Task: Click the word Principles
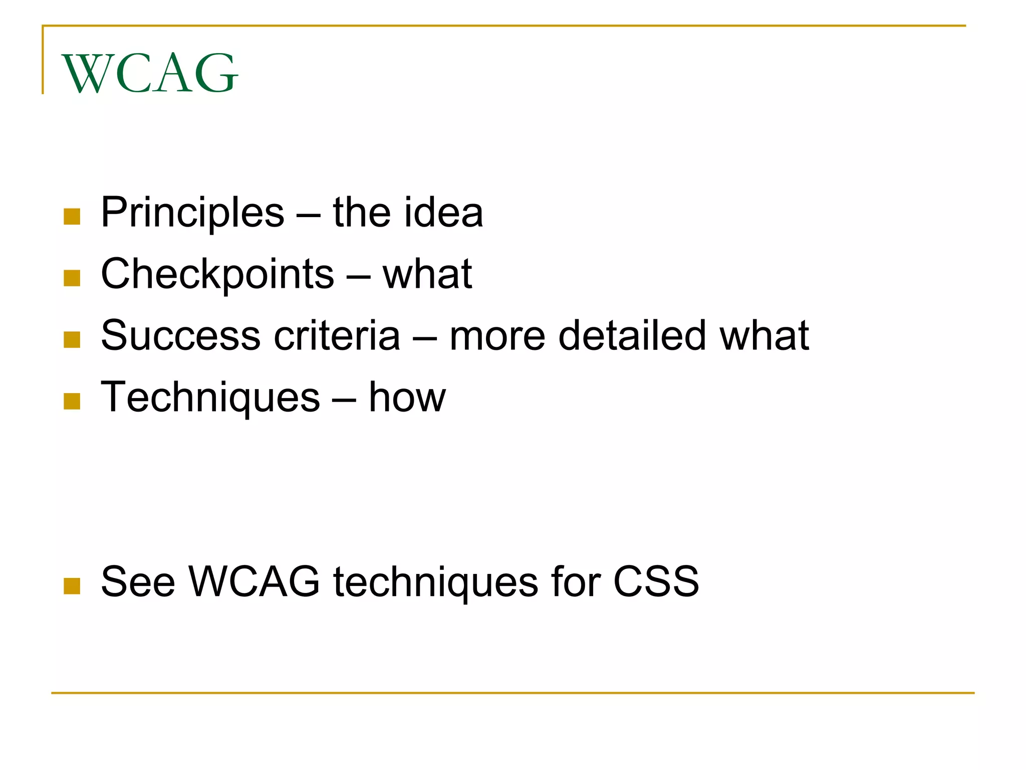click(x=192, y=213)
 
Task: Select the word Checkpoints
click(x=217, y=275)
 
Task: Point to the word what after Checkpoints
click(x=427, y=274)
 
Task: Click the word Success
click(x=181, y=335)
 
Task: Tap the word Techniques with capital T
click(x=210, y=398)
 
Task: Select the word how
click(x=407, y=398)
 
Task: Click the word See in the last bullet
click(x=138, y=582)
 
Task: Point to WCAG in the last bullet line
click(x=254, y=582)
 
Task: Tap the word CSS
click(x=656, y=582)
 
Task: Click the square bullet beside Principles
click(x=72, y=217)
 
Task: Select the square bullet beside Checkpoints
click(x=72, y=278)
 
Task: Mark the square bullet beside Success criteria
click(x=72, y=340)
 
